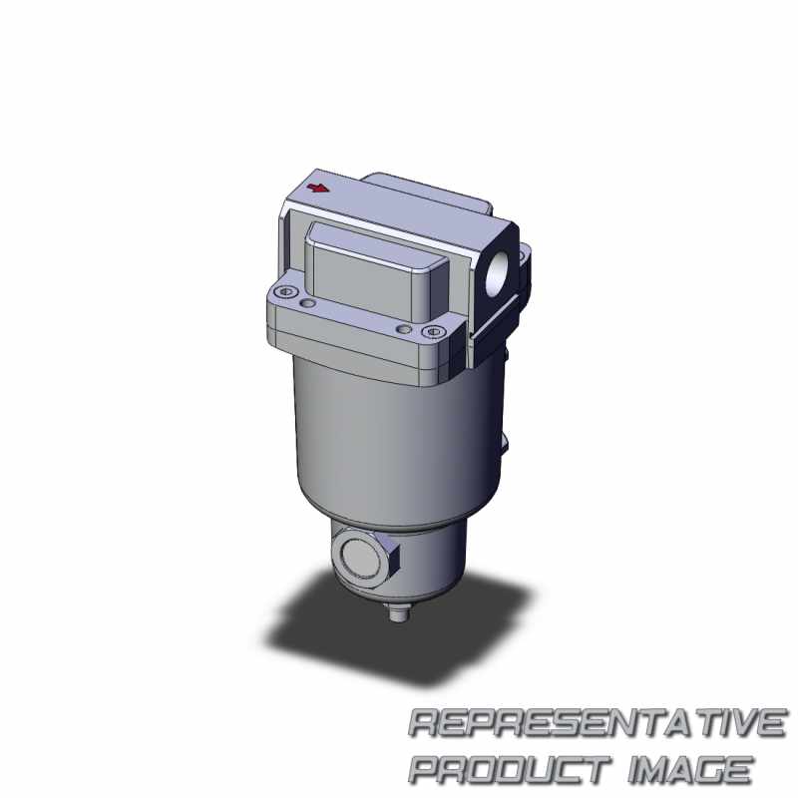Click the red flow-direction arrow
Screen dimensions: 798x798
coord(317,189)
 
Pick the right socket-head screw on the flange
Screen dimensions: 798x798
coord(433,332)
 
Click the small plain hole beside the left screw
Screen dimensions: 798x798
coord(308,304)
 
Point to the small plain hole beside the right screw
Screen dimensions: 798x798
coord(404,329)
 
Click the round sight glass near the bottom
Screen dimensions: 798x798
coord(360,556)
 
